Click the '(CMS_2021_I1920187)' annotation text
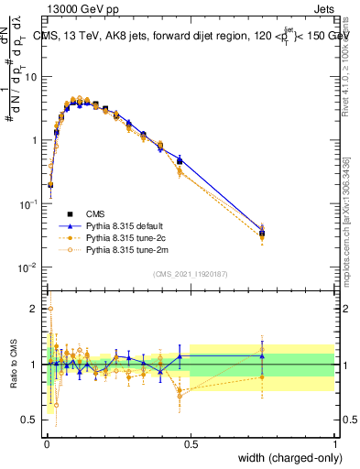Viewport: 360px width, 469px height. (x=190, y=273)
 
